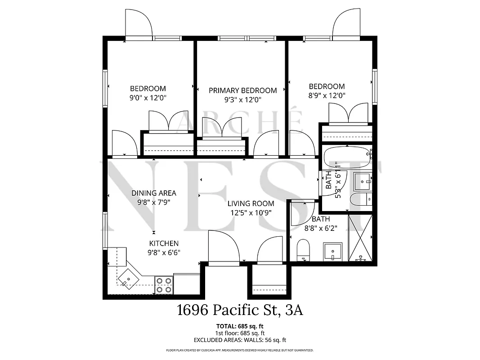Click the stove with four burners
click(x=164, y=285)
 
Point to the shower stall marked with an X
click(x=361, y=238)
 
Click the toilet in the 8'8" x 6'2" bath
click(x=304, y=250)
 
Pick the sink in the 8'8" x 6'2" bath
click(x=332, y=252)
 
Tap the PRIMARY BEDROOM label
click(x=242, y=90)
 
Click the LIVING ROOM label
click(x=251, y=203)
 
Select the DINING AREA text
click(x=154, y=193)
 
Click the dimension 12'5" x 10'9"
click(x=251, y=212)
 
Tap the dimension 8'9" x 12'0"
click(x=327, y=95)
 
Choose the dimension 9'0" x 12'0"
click(x=148, y=97)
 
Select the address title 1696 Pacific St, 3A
click(x=239, y=310)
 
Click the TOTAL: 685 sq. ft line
click(x=239, y=325)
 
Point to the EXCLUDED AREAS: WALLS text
click(x=239, y=340)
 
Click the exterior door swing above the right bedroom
click(x=347, y=24)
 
